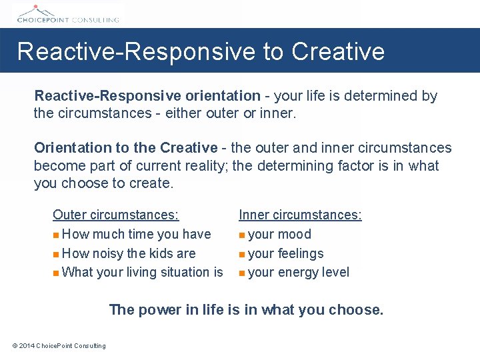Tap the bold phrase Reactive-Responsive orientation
[x=147, y=96]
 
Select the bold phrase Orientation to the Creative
[x=125, y=148]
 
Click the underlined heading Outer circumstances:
[x=115, y=215]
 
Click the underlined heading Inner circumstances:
[x=300, y=215]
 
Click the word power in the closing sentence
[x=155, y=309]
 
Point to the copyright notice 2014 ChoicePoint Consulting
[x=59, y=345]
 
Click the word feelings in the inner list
[x=301, y=253]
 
